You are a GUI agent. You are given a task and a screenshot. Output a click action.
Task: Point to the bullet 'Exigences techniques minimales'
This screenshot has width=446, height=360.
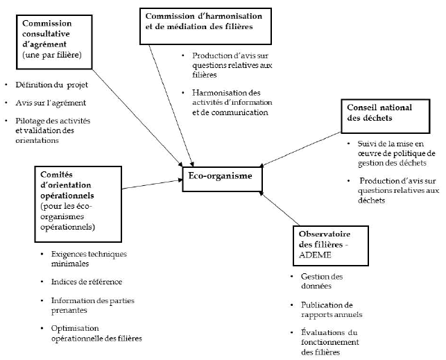coord(88,259)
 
